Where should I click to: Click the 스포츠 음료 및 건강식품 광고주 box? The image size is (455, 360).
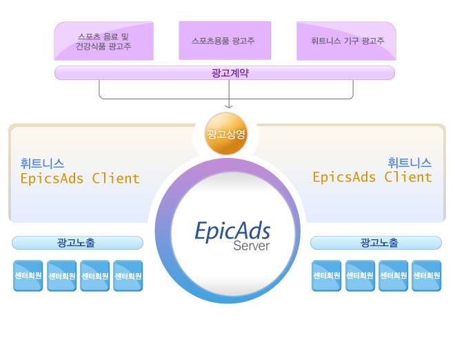(x=103, y=41)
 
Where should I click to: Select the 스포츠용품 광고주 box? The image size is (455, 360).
(x=225, y=41)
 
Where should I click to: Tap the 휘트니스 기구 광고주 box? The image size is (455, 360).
(x=346, y=41)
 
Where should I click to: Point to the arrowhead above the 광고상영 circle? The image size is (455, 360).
(x=228, y=106)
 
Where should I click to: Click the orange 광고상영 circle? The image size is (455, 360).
(x=226, y=134)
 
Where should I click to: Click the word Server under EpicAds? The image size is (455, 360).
(x=252, y=246)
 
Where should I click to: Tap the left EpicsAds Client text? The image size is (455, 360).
(x=80, y=179)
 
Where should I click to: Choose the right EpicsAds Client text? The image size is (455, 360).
(x=372, y=177)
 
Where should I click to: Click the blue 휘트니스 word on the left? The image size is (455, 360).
(x=42, y=163)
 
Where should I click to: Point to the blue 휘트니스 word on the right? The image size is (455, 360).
(x=410, y=163)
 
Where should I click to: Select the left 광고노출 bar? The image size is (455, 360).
(x=77, y=243)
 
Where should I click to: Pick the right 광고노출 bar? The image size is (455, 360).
(x=376, y=243)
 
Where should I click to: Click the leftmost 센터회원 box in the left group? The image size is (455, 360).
(x=28, y=275)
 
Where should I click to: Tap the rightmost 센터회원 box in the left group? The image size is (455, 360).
(x=128, y=275)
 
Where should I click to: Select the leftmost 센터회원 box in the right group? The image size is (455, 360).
(x=327, y=275)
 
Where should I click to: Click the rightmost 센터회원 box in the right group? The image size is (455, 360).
(x=426, y=275)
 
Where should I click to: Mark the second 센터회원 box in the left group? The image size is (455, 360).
(x=61, y=275)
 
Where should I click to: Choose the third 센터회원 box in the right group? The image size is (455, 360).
(x=393, y=275)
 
